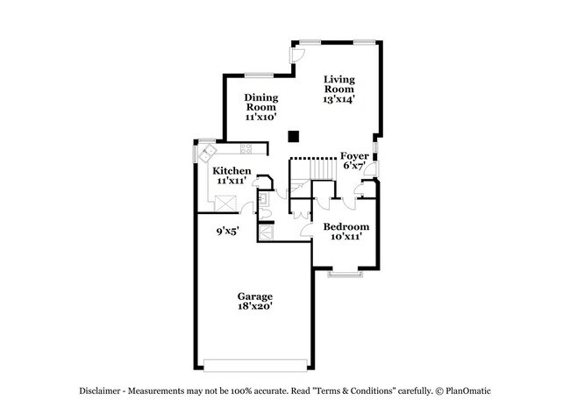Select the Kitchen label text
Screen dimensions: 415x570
click(x=232, y=170)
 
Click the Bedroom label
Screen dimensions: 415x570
click(x=346, y=226)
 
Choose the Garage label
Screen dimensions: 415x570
click(x=254, y=297)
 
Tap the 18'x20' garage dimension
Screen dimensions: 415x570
click(x=254, y=307)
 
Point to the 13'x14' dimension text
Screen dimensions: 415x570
click(x=338, y=100)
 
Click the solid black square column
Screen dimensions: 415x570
click(x=295, y=136)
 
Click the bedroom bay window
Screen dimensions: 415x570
click(x=346, y=275)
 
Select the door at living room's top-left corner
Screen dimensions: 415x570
click(x=298, y=54)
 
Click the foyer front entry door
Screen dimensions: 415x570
click(x=372, y=170)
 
